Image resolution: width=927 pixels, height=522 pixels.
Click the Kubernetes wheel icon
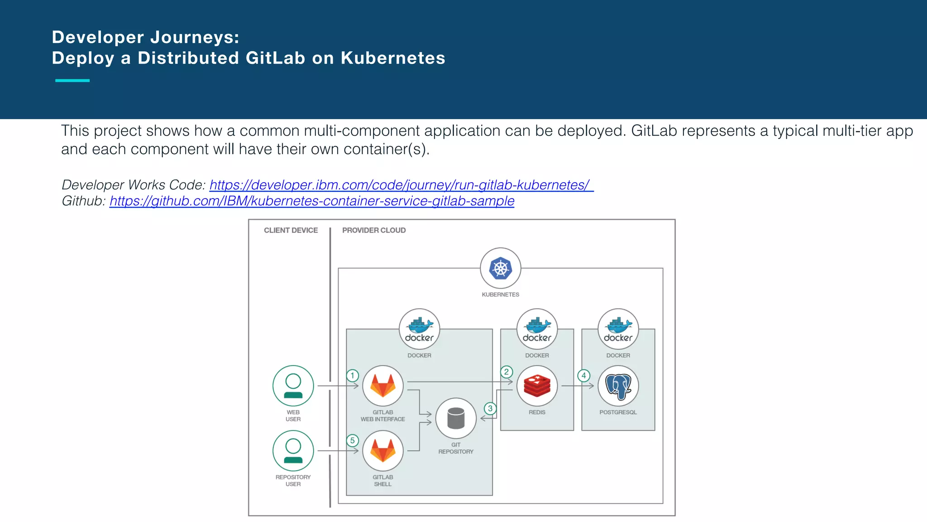(x=500, y=268)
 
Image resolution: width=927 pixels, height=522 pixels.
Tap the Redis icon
(x=537, y=386)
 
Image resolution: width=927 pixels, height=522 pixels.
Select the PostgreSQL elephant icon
(x=618, y=386)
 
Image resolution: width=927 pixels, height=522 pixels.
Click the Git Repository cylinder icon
(x=456, y=418)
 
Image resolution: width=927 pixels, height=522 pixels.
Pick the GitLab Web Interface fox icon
(x=383, y=386)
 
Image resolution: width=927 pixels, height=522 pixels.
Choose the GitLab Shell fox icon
(x=383, y=451)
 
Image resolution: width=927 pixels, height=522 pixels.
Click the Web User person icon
(x=293, y=386)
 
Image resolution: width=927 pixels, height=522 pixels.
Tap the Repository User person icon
(x=293, y=451)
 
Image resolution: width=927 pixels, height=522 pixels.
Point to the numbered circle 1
(x=353, y=376)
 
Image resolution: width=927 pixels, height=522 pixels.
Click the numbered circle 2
(x=507, y=372)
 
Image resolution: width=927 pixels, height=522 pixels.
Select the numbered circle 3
(x=490, y=408)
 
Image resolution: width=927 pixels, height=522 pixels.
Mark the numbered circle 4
(x=584, y=376)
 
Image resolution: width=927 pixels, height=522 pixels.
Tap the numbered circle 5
(x=353, y=440)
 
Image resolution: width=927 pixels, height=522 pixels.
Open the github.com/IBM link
(x=312, y=201)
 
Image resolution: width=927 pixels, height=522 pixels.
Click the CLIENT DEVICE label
(x=291, y=230)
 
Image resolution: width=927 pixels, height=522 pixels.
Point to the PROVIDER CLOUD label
(x=374, y=230)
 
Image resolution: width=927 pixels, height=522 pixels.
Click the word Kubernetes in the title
(x=393, y=58)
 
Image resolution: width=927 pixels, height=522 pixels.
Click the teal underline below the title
(x=72, y=81)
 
